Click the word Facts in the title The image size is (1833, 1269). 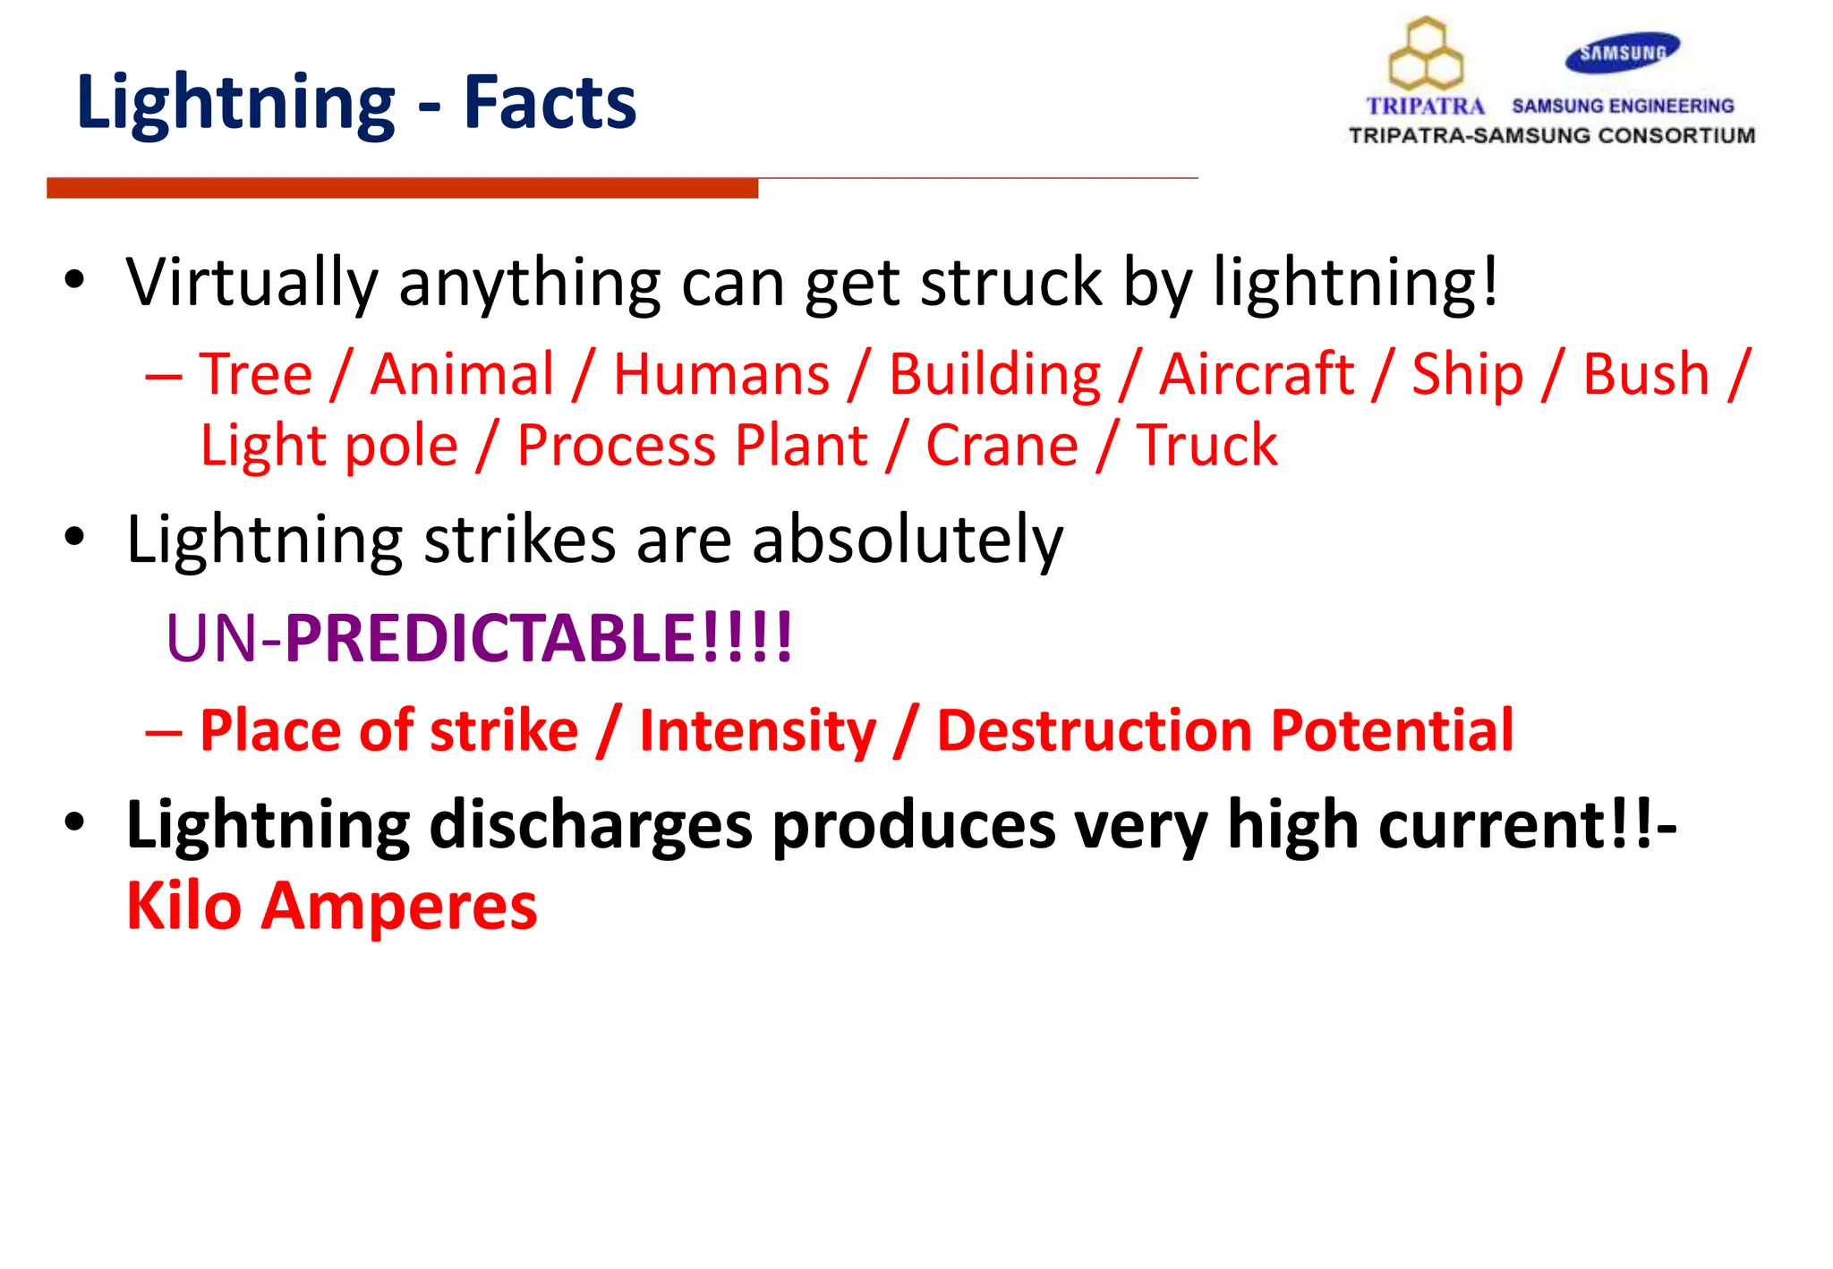pyautogui.click(x=550, y=103)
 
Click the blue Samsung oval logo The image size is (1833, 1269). pyautogui.click(x=1622, y=53)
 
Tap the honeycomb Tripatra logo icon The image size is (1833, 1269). pyautogui.click(x=1425, y=55)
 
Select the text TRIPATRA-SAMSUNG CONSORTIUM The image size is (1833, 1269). pyautogui.click(x=1551, y=136)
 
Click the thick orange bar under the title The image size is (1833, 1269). pyautogui.click(x=402, y=188)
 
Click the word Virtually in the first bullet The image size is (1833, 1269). pyautogui.click(x=252, y=283)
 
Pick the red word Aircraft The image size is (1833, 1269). pyautogui.click(x=1256, y=374)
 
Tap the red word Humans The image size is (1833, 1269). pyautogui.click(x=721, y=374)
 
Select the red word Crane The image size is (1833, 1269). pyautogui.click(x=1002, y=446)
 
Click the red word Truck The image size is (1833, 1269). pyautogui.click(x=1206, y=446)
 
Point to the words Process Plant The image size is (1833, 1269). pyautogui.click(x=692, y=446)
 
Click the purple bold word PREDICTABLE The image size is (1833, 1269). pyautogui.click(x=490, y=638)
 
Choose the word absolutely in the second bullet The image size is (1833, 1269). pyautogui.click(x=907, y=541)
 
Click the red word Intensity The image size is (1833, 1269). pyautogui.click(x=757, y=730)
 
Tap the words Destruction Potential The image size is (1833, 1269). pyautogui.click(x=1224, y=730)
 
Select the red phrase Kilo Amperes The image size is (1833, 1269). pyautogui.click(x=331, y=907)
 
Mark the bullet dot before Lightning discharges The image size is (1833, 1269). pyautogui.click(x=74, y=821)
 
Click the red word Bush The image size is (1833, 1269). pyautogui.click(x=1645, y=374)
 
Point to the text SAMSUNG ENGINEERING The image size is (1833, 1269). pyautogui.click(x=1622, y=106)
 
